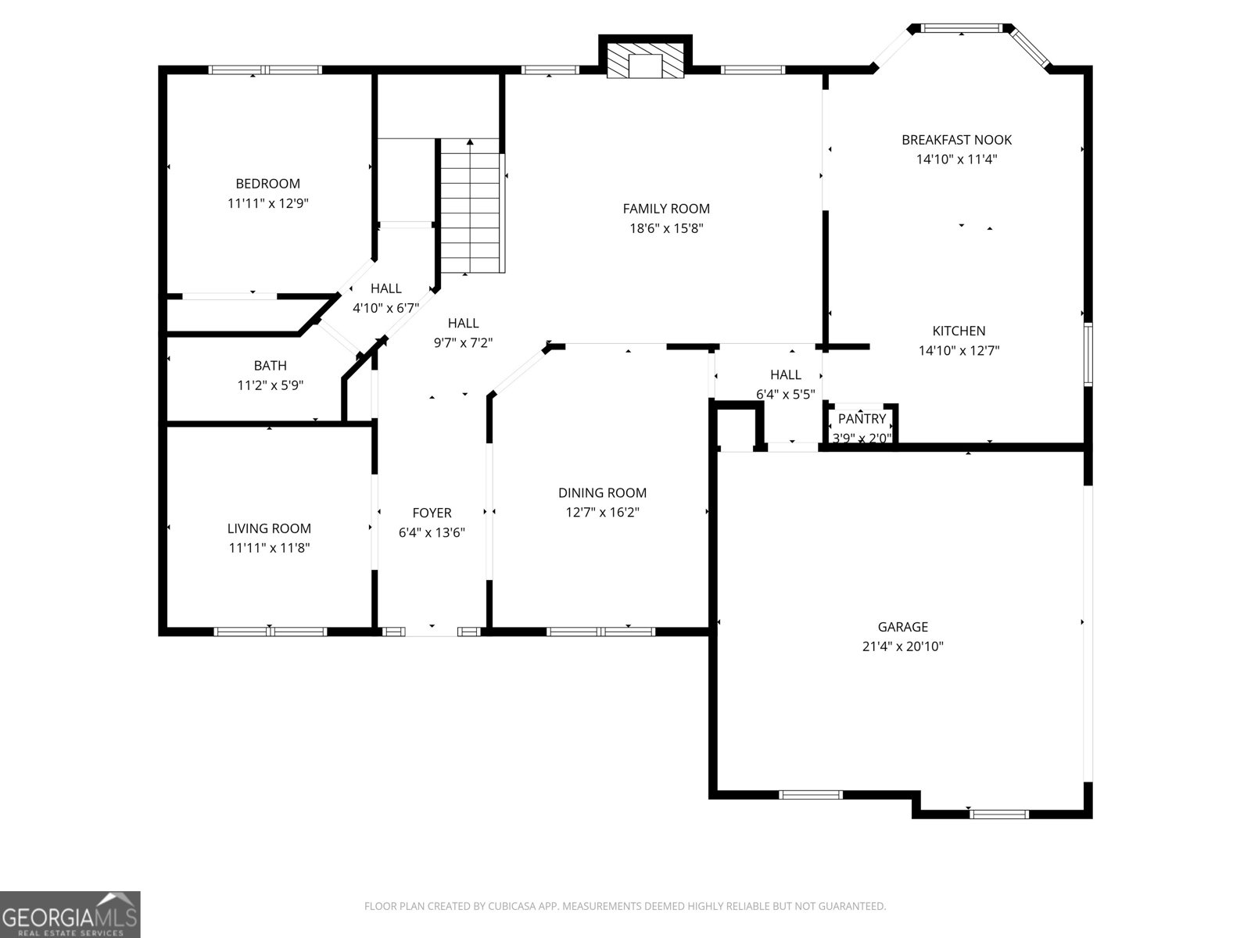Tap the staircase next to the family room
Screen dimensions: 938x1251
tap(469, 207)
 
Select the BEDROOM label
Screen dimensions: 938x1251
tap(267, 184)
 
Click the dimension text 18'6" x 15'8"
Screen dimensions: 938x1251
tap(666, 228)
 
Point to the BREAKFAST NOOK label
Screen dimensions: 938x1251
tap(956, 140)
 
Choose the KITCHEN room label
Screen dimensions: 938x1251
tap(959, 331)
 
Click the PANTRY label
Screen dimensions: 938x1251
tap(862, 419)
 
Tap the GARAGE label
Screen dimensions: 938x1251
tap(902, 626)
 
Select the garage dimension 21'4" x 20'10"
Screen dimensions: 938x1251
tap(902, 646)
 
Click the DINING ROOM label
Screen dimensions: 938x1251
tap(602, 492)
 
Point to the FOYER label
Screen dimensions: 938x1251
tap(432, 513)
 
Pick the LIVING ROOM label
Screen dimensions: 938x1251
tap(269, 528)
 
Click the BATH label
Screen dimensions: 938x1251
tap(270, 365)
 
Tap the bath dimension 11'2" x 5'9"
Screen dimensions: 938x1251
tap(270, 385)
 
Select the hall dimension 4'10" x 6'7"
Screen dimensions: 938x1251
tap(385, 308)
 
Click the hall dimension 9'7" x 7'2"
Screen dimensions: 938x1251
tap(463, 342)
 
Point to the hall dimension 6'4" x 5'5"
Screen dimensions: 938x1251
tap(785, 395)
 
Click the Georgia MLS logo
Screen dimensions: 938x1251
tap(70, 914)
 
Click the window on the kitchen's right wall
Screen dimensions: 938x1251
tap(1088, 353)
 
